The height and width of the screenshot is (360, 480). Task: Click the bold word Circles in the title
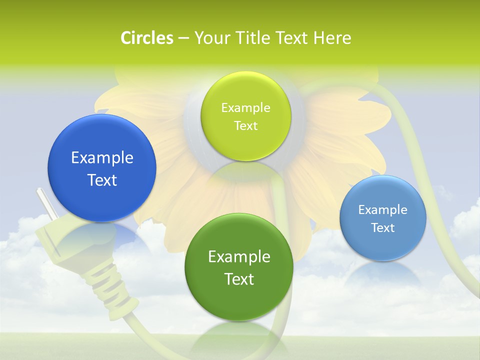click(147, 38)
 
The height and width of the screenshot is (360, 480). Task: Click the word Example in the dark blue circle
click(102, 158)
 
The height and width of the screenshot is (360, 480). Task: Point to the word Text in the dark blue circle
click(102, 180)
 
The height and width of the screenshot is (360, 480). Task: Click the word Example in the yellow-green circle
click(245, 108)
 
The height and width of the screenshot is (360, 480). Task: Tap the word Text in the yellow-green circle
click(245, 126)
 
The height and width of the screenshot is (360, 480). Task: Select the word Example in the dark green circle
click(239, 257)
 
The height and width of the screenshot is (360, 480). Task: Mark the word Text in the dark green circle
click(239, 279)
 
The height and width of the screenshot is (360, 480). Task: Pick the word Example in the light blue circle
click(382, 210)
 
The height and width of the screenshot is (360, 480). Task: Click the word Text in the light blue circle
click(382, 228)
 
